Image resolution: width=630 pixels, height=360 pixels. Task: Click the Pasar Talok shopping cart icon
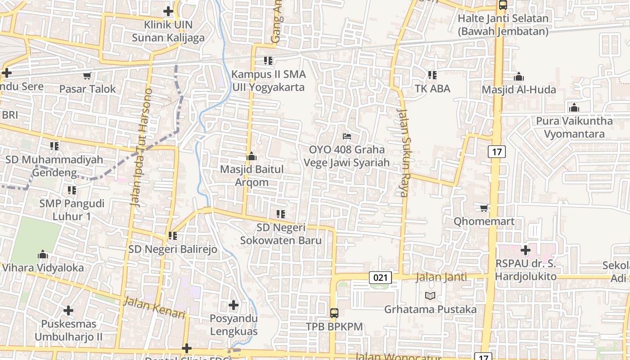(87, 76)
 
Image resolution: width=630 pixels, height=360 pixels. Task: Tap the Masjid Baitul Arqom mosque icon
(252, 156)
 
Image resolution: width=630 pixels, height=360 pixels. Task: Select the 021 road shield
(380, 278)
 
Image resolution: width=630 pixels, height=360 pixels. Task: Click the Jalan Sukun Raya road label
(403, 153)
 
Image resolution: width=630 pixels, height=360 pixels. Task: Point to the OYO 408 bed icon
(346, 136)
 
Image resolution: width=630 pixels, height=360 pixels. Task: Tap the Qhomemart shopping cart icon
(484, 208)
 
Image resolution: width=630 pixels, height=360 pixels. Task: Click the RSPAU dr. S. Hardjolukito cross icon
(526, 250)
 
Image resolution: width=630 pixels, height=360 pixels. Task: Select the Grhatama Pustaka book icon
(430, 296)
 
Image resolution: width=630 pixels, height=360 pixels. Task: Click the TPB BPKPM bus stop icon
(334, 313)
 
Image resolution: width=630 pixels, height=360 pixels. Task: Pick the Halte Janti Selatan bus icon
(503, 5)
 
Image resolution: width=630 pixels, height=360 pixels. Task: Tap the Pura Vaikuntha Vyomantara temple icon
(574, 108)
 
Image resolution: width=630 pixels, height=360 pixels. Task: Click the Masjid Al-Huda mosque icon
(519, 76)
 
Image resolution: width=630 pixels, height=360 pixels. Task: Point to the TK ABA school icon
(432, 75)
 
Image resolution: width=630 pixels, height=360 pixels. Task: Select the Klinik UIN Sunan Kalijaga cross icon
(168, 11)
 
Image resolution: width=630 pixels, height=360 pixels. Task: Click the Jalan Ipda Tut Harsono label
(141, 148)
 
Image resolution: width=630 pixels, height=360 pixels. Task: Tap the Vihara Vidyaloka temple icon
(43, 254)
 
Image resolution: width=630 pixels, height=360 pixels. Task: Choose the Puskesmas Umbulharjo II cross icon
(68, 310)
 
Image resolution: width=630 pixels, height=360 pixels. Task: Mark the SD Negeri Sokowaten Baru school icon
(281, 214)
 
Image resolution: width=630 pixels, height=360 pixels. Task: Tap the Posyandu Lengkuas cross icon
(234, 305)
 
